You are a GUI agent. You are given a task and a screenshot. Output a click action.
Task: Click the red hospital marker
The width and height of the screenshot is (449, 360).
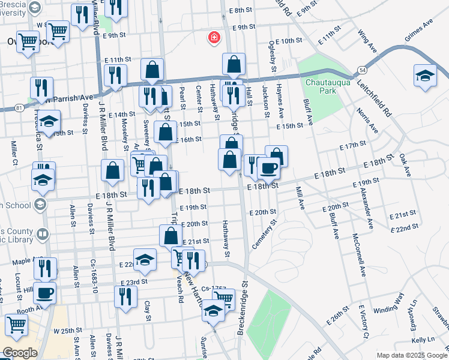coord(212,38)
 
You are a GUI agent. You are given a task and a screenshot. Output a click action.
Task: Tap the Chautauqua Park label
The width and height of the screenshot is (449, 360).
coord(325,87)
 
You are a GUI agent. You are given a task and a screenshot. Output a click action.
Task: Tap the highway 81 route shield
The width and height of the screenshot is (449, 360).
coord(20,107)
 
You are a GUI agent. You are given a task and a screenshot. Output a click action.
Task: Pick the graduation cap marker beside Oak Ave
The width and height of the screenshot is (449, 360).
coord(425,76)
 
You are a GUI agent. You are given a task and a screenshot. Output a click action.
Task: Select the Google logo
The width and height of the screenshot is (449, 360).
coord(20,353)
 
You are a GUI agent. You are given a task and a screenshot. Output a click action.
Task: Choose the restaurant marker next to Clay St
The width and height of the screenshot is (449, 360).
coord(125,296)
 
